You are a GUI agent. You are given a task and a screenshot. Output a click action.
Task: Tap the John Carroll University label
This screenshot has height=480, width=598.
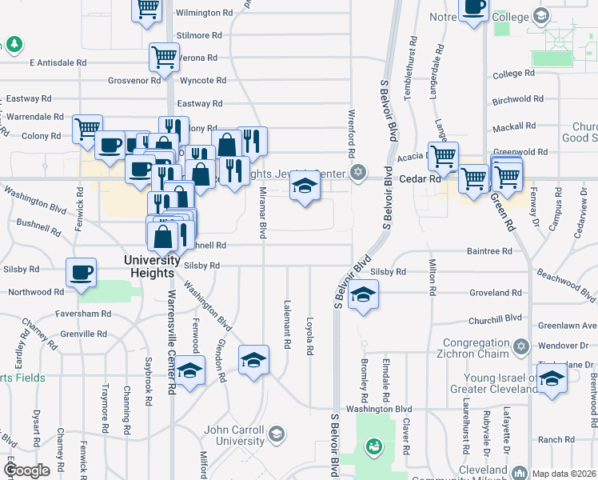[234, 435]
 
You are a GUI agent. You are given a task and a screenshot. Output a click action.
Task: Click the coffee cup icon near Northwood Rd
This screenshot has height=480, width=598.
[82, 272]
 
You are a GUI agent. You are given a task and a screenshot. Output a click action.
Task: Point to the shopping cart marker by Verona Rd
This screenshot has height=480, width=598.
[164, 57]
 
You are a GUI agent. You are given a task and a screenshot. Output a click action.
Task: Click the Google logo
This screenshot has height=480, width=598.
[26, 470]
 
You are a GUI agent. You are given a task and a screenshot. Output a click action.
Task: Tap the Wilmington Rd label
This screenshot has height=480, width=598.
[204, 14]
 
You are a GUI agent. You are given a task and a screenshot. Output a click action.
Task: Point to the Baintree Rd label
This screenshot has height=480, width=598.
[489, 251]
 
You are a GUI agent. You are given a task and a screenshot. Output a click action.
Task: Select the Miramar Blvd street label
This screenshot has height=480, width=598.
[262, 213]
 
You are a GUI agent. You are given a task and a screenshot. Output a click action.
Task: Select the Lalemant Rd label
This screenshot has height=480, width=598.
[286, 323]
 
